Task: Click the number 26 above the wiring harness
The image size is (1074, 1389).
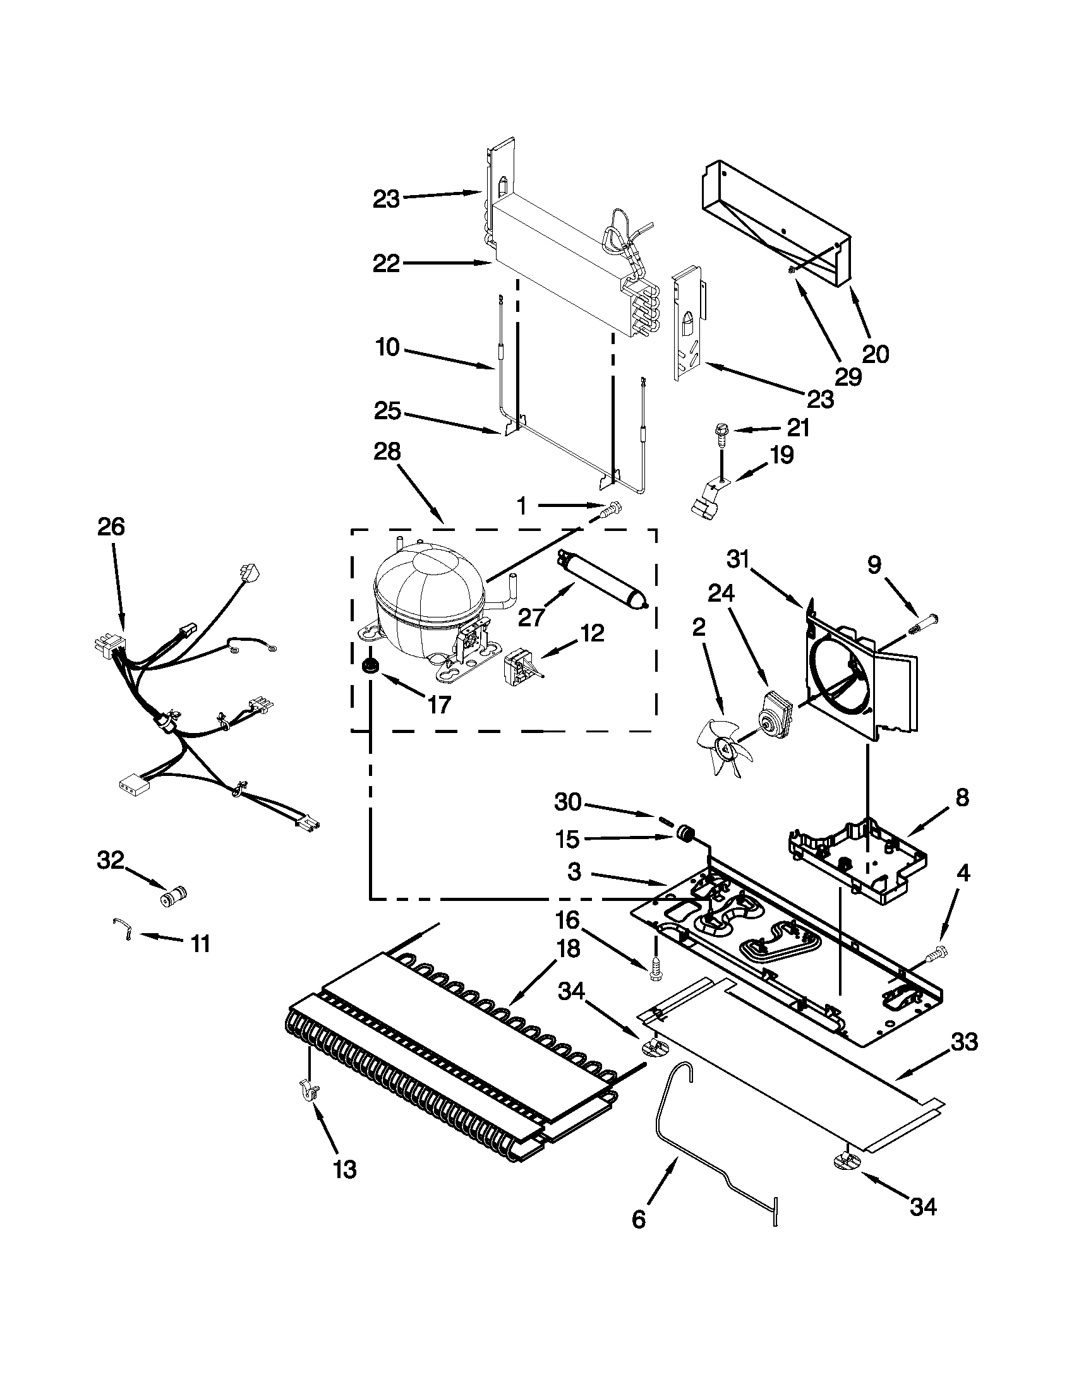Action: pos(111,527)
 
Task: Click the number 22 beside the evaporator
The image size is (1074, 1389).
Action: pos(386,263)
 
